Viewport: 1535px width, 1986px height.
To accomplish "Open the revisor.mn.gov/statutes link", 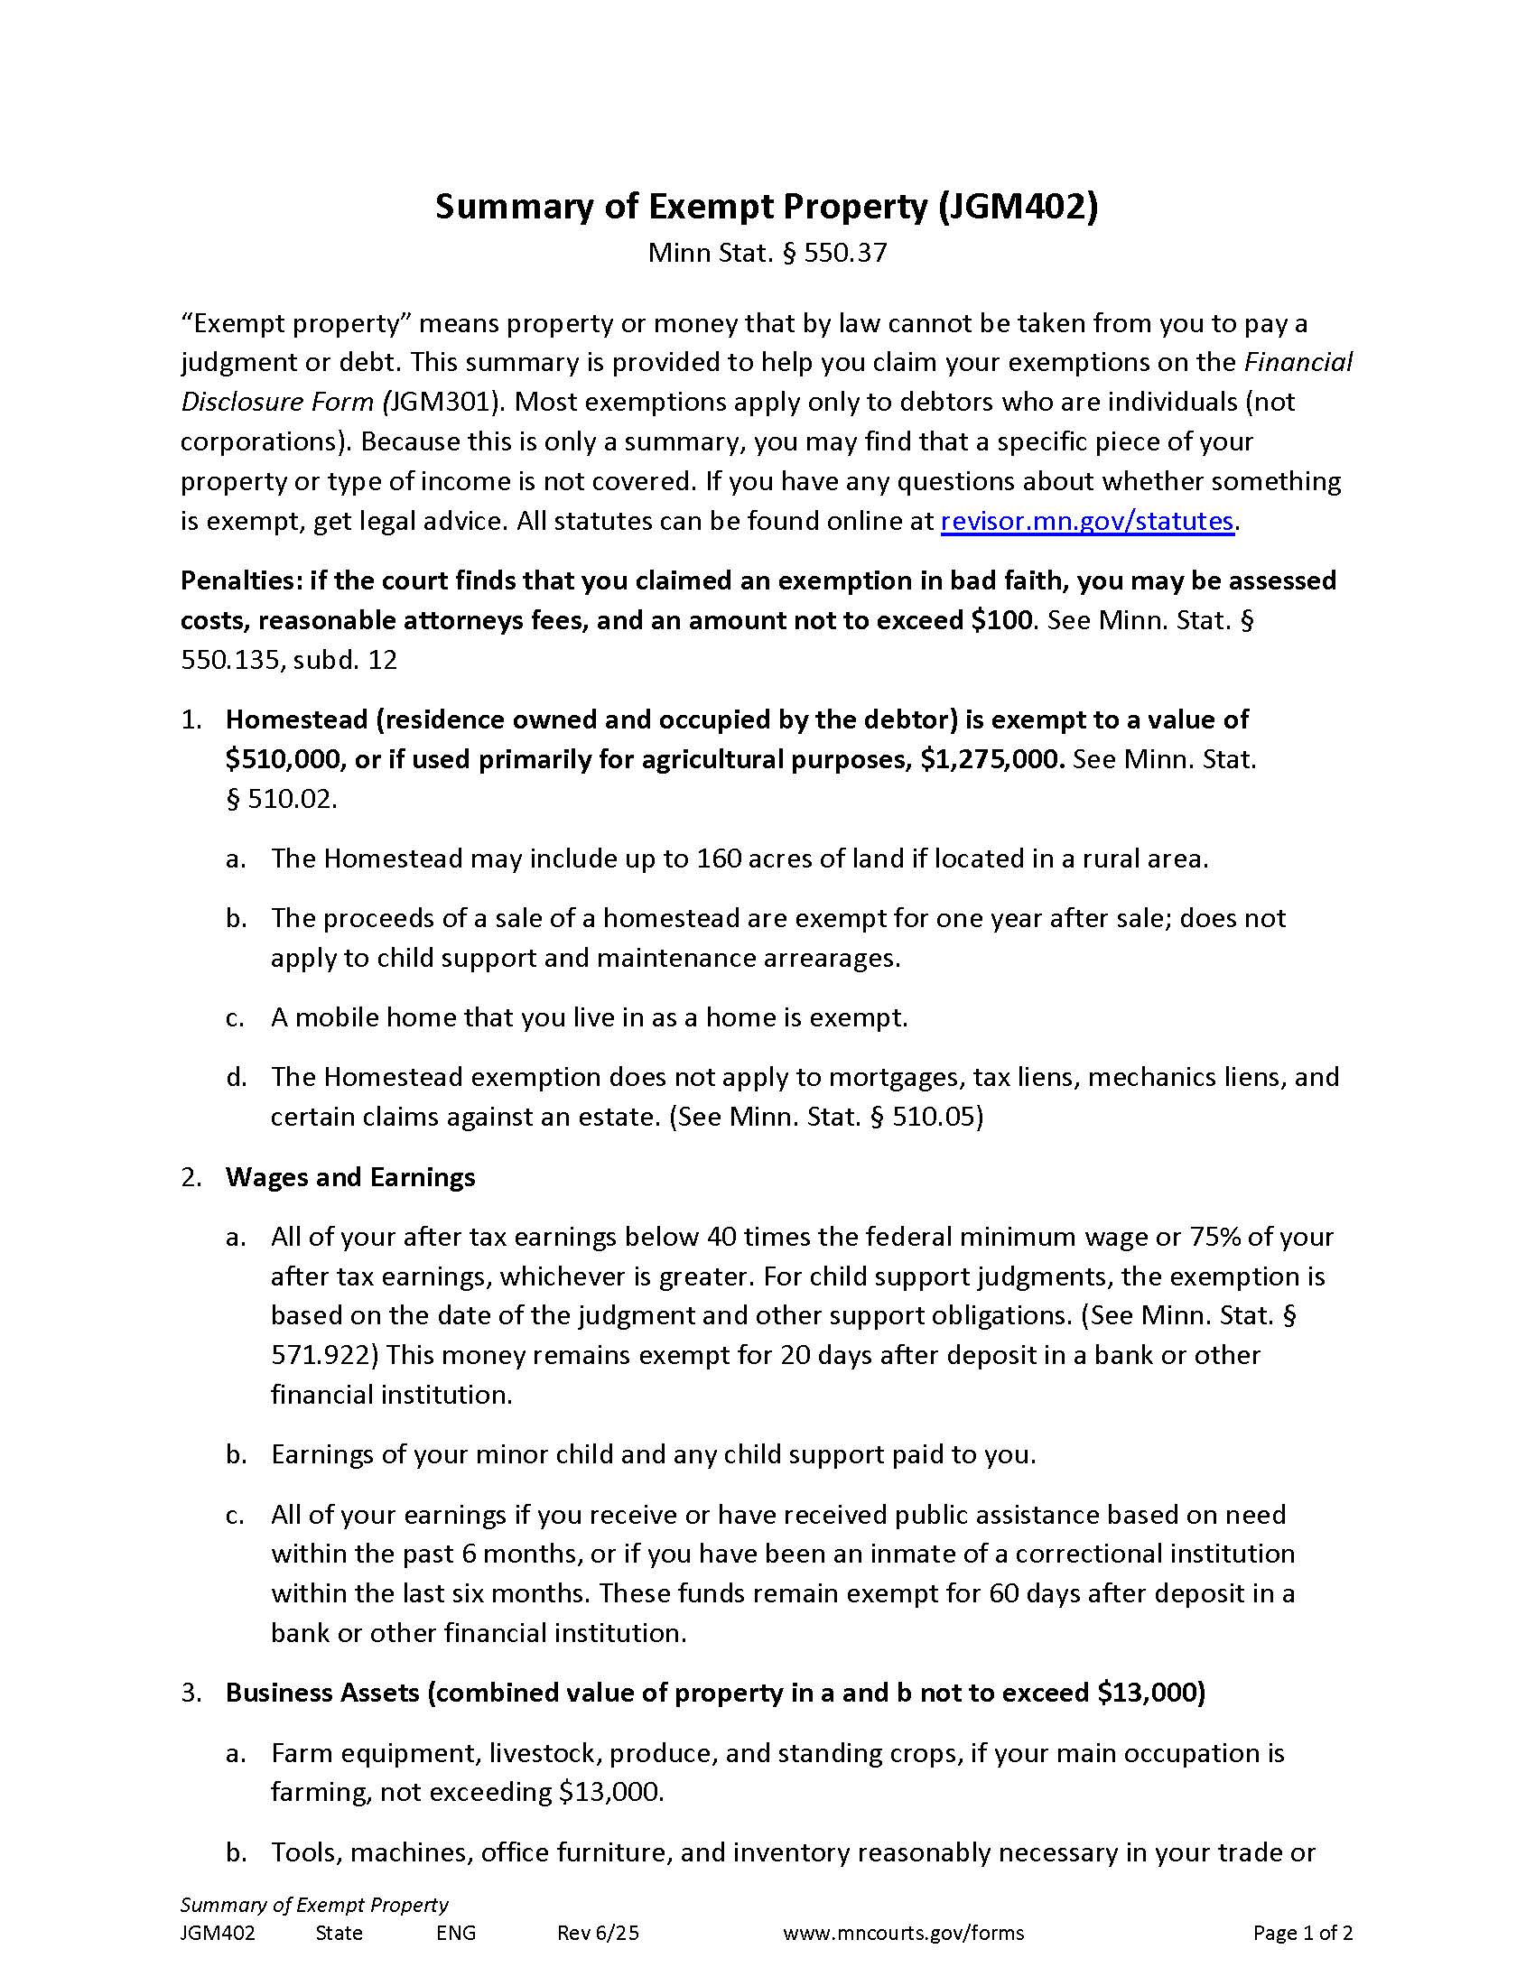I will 1086,521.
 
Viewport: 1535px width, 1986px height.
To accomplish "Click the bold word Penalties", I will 240,580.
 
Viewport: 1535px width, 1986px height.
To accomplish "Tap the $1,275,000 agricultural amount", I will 991,759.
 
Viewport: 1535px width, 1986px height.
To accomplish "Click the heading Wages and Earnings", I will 350,1176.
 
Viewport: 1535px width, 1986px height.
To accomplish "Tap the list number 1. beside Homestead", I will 191,719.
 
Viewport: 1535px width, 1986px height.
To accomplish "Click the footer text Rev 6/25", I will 598,1933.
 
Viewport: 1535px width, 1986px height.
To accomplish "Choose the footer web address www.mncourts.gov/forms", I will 903,1933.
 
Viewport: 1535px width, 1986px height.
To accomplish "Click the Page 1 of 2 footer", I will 1302,1933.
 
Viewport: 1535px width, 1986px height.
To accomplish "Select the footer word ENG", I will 456,1933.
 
